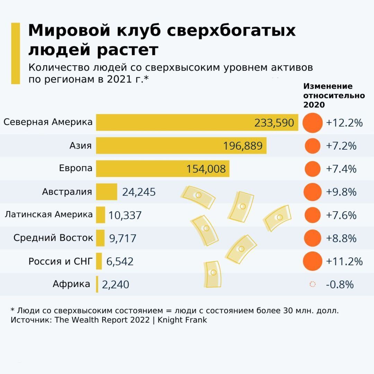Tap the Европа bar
tap(139, 169)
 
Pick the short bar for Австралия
tap(107, 192)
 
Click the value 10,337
tap(125, 215)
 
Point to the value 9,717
tap(123, 238)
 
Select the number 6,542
tap(120, 261)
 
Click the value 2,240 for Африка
tap(115, 285)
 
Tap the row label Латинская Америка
tap(49, 214)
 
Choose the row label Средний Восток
tap(53, 238)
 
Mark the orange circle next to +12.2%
tap(312, 123)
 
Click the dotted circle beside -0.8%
tap(312, 284)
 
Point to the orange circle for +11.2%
tap(312, 261)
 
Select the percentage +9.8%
tap(341, 192)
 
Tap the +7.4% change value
tap(341, 169)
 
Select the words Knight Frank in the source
tap(182, 320)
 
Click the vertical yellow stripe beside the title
tap(16, 53)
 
